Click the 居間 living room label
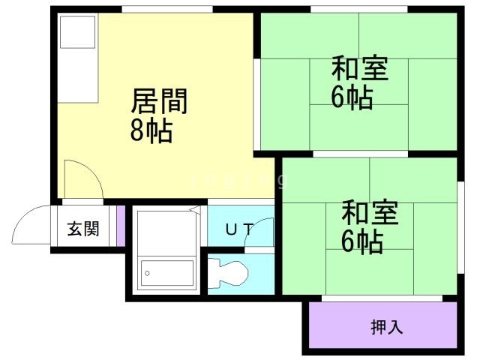[x=159, y=101]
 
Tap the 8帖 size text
[x=151, y=131]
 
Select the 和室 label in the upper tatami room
[x=360, y=68]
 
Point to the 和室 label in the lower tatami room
[x=370, y=212]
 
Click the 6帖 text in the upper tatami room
[x=352, y=97]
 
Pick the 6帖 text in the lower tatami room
[x=362, y=241]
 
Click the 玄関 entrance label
[x=83, y=229]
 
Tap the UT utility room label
[x=240, y=229]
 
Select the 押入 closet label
[x=387, y=327]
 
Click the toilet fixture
[x=228, y=273]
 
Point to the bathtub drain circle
[x=147, y=273]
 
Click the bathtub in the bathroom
[x=167, y=273]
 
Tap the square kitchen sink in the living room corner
[x=78, y=31]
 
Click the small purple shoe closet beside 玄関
[x=121, y=226]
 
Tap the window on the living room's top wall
[x=167, y=9]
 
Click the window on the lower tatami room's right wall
[x=460, y=228]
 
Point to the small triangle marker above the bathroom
[x=195, y=210]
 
